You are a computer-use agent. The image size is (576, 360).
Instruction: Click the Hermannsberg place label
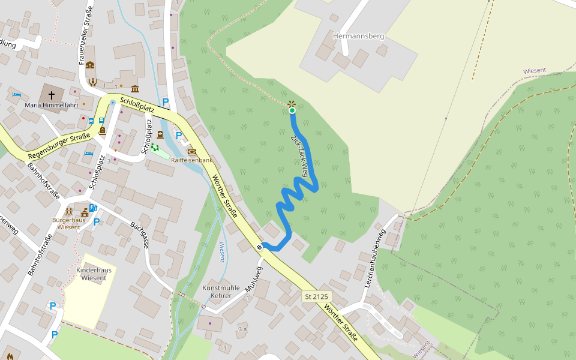click(358, 36)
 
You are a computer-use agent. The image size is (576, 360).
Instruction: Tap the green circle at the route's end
click(292, 110)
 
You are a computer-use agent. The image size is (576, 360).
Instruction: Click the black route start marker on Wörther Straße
click(260, 246)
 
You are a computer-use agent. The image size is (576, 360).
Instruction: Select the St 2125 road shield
click(316, 297)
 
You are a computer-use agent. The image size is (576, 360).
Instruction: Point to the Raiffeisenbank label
click(192, 161)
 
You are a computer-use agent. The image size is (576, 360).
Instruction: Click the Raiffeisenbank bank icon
click(192, 152)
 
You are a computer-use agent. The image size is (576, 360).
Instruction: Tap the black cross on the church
click(52, 95)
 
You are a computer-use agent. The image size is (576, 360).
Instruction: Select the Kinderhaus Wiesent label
click(94, 274)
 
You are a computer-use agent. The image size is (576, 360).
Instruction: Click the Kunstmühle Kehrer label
click(217, 292)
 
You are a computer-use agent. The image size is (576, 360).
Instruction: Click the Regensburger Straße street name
click(59, 146)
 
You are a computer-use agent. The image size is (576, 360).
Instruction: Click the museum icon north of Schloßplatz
click(134, 89)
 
